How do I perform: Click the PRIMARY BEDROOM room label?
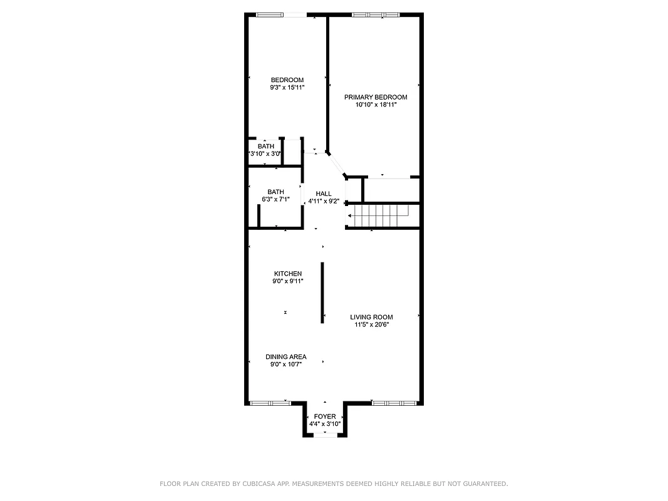point(376,97)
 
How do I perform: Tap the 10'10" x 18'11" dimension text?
point(376,105)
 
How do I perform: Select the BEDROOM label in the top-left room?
point(287,80)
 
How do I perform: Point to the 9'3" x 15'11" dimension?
point(287,88)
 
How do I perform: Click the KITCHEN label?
point(287,274)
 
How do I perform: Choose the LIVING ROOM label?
point(371,317)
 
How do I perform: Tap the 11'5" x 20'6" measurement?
point(371,325)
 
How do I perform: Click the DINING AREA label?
point(285,356)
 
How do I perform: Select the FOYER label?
point(324,416)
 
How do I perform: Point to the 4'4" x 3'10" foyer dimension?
point(324,424)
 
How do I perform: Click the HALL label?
point(324,194)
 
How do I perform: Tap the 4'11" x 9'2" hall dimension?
point(324,202)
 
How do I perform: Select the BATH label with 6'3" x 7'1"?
point(275,192)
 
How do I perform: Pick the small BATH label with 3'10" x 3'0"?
point(265,146)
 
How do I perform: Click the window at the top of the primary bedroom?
point(375,14)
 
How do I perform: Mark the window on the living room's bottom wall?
point(394,403)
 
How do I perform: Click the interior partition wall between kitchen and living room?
point(322,292)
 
